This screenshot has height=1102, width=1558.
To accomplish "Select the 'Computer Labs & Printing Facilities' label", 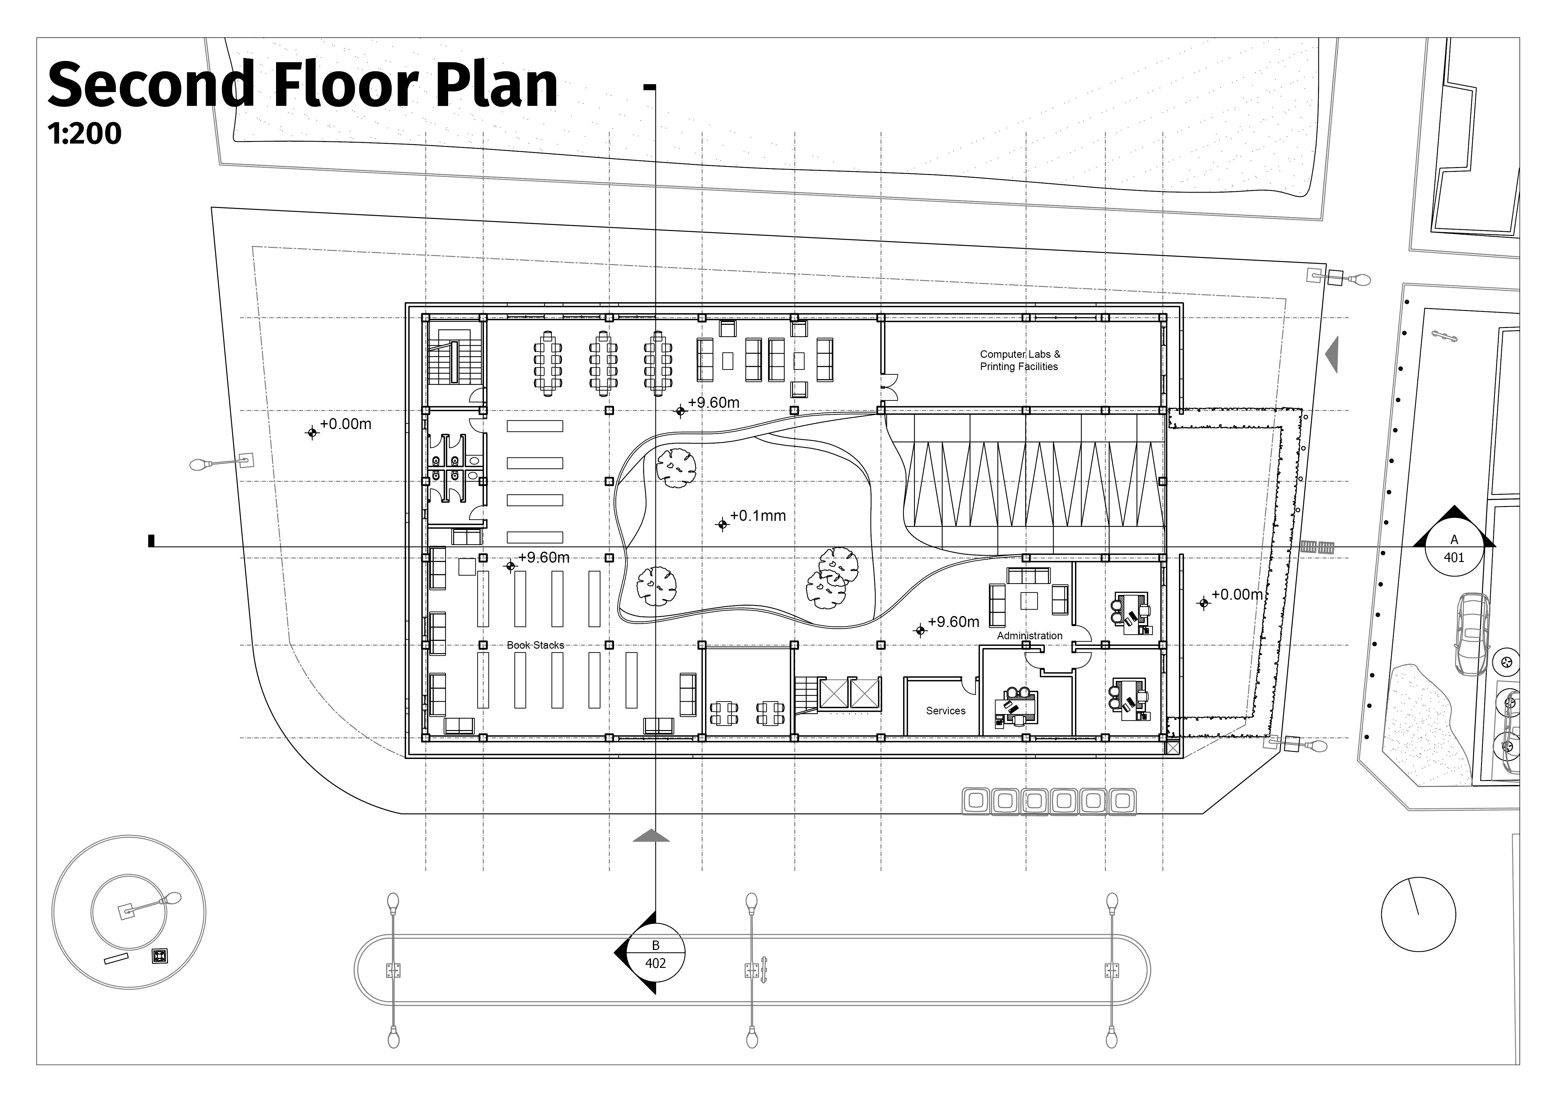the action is [x=1019, y=360].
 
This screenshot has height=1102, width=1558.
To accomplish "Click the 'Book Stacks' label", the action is [x=535, y=645].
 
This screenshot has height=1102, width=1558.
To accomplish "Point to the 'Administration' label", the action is [x=1029, y=636].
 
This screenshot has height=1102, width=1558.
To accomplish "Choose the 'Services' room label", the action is [x=945, y=711].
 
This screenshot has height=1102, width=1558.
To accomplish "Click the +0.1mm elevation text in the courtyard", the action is [x=758, y=516].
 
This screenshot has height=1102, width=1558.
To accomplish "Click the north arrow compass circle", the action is [x=1418, y=914].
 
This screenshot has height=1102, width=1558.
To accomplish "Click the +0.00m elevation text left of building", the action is [x=345, y=424].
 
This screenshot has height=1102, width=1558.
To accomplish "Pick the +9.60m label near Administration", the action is [x=953, y=622].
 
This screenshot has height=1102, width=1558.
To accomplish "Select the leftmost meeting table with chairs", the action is [x=548, y=362].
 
